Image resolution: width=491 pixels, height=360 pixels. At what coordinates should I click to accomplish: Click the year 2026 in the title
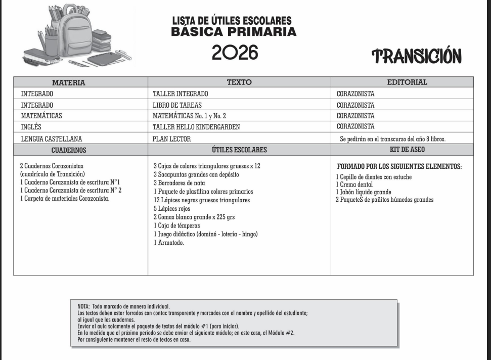point(235,52)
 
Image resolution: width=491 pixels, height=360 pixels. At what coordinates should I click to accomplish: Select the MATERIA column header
point(69,82)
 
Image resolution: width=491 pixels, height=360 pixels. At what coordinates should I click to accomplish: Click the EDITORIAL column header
point(407,82)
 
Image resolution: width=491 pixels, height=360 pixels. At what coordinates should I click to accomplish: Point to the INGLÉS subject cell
point(31,127)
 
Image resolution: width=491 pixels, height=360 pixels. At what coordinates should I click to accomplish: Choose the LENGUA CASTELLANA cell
point(52,139)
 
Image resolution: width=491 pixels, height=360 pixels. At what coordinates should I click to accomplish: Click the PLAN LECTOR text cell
point(172,139)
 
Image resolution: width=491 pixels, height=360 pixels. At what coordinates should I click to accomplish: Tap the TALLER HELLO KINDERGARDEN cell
point(196,127)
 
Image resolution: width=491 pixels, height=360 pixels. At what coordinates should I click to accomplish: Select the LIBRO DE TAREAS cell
point(177,105)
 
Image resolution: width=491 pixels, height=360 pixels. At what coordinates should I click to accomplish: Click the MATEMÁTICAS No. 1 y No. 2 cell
point(189,116)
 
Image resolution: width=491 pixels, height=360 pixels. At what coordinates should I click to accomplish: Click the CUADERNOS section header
point(69,150)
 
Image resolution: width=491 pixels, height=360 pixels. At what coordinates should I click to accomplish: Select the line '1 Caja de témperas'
point(177,226)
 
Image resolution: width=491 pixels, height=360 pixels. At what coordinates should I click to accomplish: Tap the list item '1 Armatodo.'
point(169,243)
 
